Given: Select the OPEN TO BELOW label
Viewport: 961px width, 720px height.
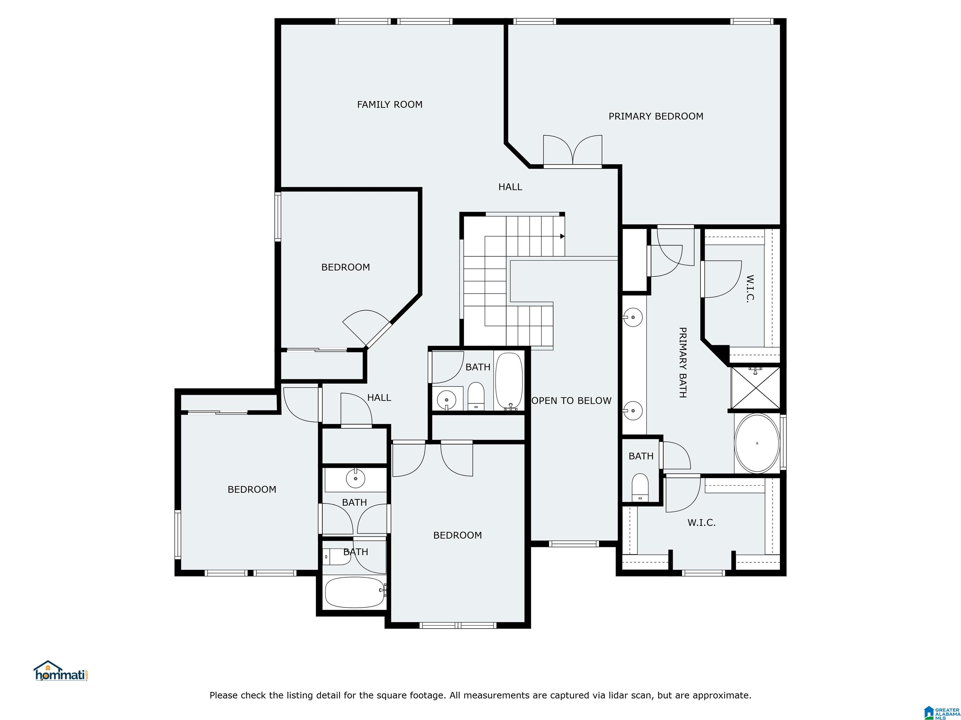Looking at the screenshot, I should tap(571, 401).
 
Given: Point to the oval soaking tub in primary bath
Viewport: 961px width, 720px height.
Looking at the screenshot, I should tap(756, 443).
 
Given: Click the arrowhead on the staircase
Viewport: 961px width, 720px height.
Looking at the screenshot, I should tap(562, 237).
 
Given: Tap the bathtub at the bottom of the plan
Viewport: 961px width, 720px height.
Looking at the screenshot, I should tap(354, 592).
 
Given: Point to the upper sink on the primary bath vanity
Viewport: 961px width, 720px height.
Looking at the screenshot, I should tap(633, 317).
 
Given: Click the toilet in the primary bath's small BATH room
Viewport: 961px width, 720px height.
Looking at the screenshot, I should tap(639, 488).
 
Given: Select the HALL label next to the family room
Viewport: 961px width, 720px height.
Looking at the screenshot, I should tap(510, 187).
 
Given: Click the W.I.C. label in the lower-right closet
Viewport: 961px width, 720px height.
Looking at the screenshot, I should tap(701, 523).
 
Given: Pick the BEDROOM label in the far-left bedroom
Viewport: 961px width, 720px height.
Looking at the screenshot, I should tap(252, 490).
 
